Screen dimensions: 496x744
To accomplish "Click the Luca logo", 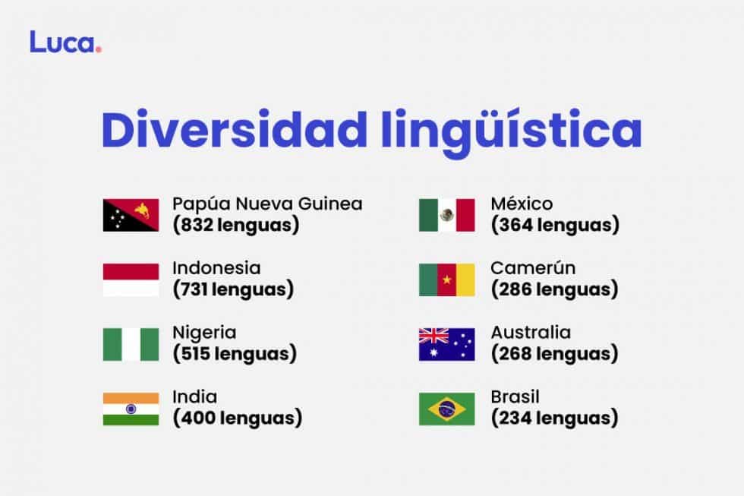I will point(65,42).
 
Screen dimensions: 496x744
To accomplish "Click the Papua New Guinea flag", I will point(131,215).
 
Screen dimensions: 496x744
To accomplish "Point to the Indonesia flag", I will point(131,280).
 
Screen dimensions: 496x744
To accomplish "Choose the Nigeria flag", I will point(131,344).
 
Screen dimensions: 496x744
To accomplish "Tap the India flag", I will point(131,409).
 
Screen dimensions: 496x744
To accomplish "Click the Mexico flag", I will point(446,215).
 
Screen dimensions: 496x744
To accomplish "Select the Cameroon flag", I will point(446,280).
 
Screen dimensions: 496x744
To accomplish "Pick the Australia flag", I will point(446,344).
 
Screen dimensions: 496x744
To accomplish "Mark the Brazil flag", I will point(446,409).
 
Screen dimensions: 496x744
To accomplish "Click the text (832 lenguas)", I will point(235,225).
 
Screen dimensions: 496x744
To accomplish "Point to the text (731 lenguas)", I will point(232,289).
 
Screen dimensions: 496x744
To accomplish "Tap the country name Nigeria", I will point(204,333).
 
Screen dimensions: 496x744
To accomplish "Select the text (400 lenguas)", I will point(237,418).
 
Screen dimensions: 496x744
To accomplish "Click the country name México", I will point(522,204).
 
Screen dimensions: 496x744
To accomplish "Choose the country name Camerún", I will point(533,268).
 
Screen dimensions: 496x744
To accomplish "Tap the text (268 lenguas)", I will point(554,354).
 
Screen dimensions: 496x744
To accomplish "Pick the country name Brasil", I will point(515,397).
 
